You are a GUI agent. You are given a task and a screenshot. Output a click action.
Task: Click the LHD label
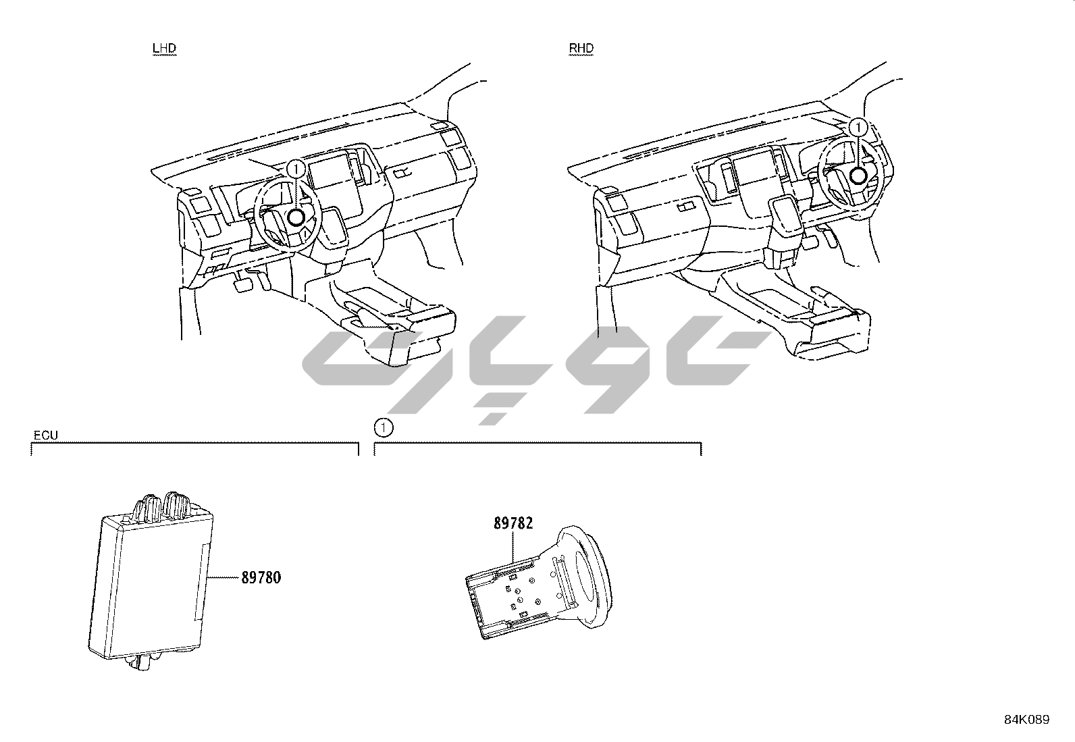pos(164,49)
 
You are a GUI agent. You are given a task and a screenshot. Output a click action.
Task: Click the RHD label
pos(581,49)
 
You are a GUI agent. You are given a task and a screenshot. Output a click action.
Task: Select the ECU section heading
pos(46,435)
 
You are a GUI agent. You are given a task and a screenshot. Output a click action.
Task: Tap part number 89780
pos(261,577)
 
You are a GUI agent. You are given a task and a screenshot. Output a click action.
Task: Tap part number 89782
pos(513,523)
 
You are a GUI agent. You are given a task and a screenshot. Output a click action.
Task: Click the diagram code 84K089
pos(1026,720)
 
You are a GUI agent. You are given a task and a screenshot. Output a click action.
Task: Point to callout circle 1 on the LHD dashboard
pos(296,169)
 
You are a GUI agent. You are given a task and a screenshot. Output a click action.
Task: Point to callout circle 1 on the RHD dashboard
pos(858,128)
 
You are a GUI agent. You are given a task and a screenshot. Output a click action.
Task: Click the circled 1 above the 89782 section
pos(384,427)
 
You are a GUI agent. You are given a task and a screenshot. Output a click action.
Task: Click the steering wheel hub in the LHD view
pos(296,218)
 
